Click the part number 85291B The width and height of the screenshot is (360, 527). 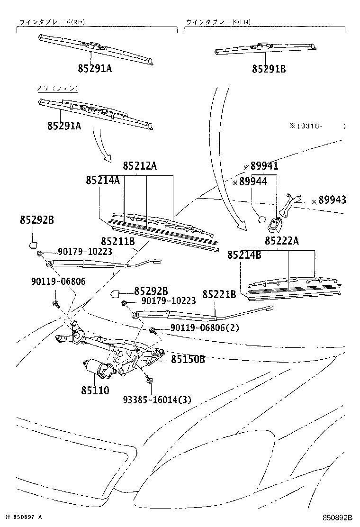[x=269, y=69]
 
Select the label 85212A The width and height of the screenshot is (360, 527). [x=140, y=166]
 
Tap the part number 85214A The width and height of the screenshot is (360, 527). [x=102, y=181]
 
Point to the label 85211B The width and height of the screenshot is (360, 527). [x=118, y=242]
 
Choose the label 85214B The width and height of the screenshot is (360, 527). [x=244, y=255]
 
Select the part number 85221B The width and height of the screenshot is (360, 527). [x=219, y=295]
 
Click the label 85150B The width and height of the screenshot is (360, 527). [x=188, y=359]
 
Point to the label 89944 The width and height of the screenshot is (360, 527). [x=253, y=182]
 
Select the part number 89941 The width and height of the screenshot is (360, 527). [x=264, y=166]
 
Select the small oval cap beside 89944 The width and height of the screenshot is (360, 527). [x=261, y=219]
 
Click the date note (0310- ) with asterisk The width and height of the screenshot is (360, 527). [x=317, y=126]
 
